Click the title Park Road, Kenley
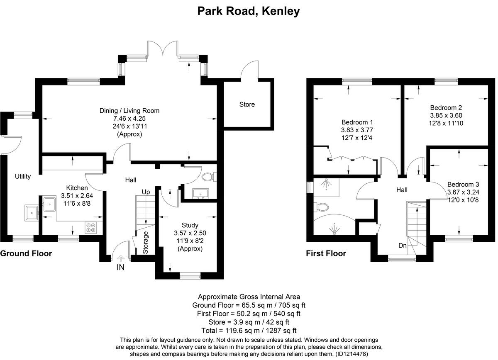[249, 11]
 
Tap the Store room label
[247, 105]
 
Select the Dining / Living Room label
[129, 111]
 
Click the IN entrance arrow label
[120, 268]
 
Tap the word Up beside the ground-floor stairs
[146, 192]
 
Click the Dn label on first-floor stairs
[402, 245]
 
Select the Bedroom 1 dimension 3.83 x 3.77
[357, 130]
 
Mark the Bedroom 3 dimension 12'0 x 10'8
[463, 200]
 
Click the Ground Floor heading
[26, 253]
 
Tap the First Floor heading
[326, 253]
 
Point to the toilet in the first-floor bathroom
[321, 206]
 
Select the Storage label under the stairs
[145, 243]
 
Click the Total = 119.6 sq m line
[249, 331]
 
